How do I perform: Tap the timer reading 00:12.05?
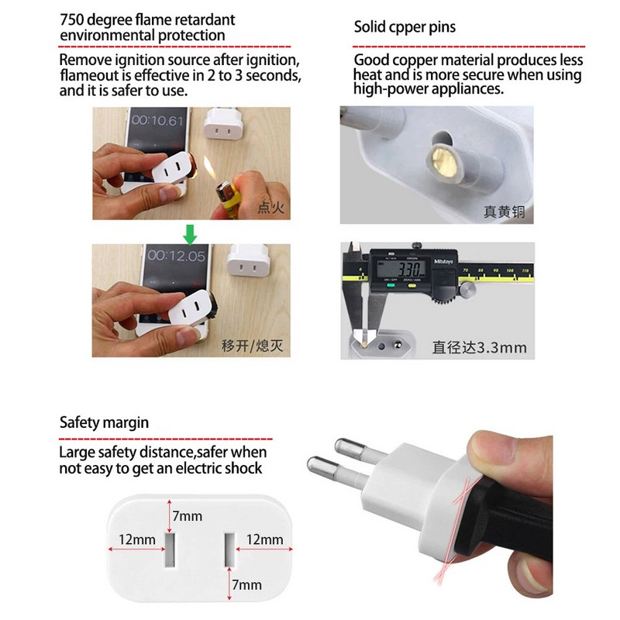[177, 255]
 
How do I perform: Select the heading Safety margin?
[104, 423]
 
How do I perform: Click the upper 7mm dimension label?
[188, 515]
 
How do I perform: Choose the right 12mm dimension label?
[265, 539]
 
